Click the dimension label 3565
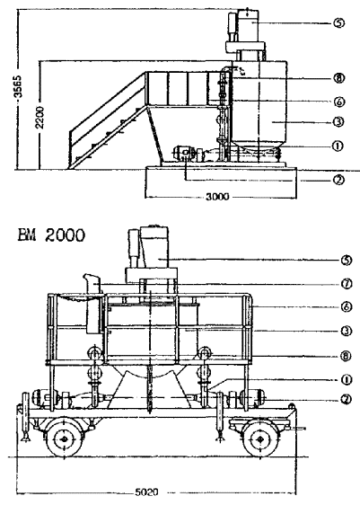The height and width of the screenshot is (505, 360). pyautogui.click(x=19, y=86)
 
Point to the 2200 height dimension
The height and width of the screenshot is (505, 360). pyautogui.click(x=40, y=117)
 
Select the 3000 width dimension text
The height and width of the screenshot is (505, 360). pyautogui.click(x=217, y=197)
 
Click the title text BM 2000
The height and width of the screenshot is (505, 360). pyautogui.click(x=51, y=235)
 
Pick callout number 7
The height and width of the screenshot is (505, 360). pyautogui.click(x=347, y=284)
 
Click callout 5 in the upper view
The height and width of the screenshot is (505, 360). pyautogui.click(x=339, y=23)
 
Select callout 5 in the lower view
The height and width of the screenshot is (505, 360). pyautogui.click(x=347, y=261)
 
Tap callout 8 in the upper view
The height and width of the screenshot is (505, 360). pyautogui.click(x=339, y=78)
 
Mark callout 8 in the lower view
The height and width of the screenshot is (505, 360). pyautogui.click(x=347, y=356)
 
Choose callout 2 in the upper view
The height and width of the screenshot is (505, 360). pyautogui.click(x=339, y=181)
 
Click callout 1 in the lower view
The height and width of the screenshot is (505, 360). pyautogui.click(x=347, y=380)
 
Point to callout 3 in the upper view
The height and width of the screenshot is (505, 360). pyautogui.click(x=339, y=122)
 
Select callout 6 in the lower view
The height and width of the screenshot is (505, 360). pyautogui.click(x=347, y=307)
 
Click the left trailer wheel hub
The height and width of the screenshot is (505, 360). pyautogui.click(x=64, y=439)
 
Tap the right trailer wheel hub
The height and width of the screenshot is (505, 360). pyautogui.click(x=260, y=439)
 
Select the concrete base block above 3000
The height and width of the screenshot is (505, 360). pyautogui.click(x=221, y=182)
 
